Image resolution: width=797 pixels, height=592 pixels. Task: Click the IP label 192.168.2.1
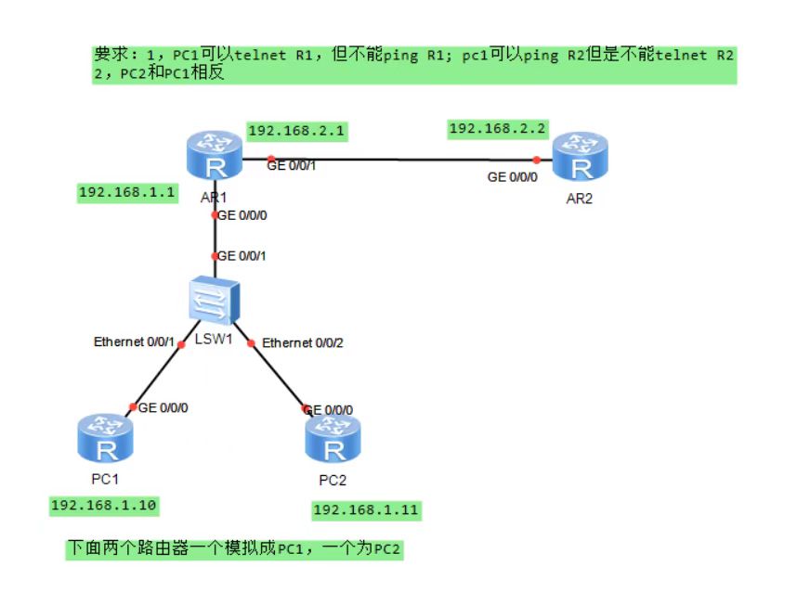pyautogui.click(x=296, y=132)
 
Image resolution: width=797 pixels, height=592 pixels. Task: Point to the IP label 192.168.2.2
pyautogui.click(x=498, y=128)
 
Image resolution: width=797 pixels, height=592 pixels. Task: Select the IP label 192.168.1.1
pyautogui.click(x=127, y=192)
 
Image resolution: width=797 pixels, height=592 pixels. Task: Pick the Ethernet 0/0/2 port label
pyautogui.click(x=302, y=343)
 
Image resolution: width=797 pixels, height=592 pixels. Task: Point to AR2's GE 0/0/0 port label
pyautogui.click(x=513, y=176)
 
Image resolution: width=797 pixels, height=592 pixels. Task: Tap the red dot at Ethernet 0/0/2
pyautogui.click(x=251, y=343)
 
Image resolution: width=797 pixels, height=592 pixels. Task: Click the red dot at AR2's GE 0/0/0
pyautogui.click(x=536, y=160)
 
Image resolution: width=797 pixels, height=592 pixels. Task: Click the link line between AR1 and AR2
pyautogui.click(x=399, y=159)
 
